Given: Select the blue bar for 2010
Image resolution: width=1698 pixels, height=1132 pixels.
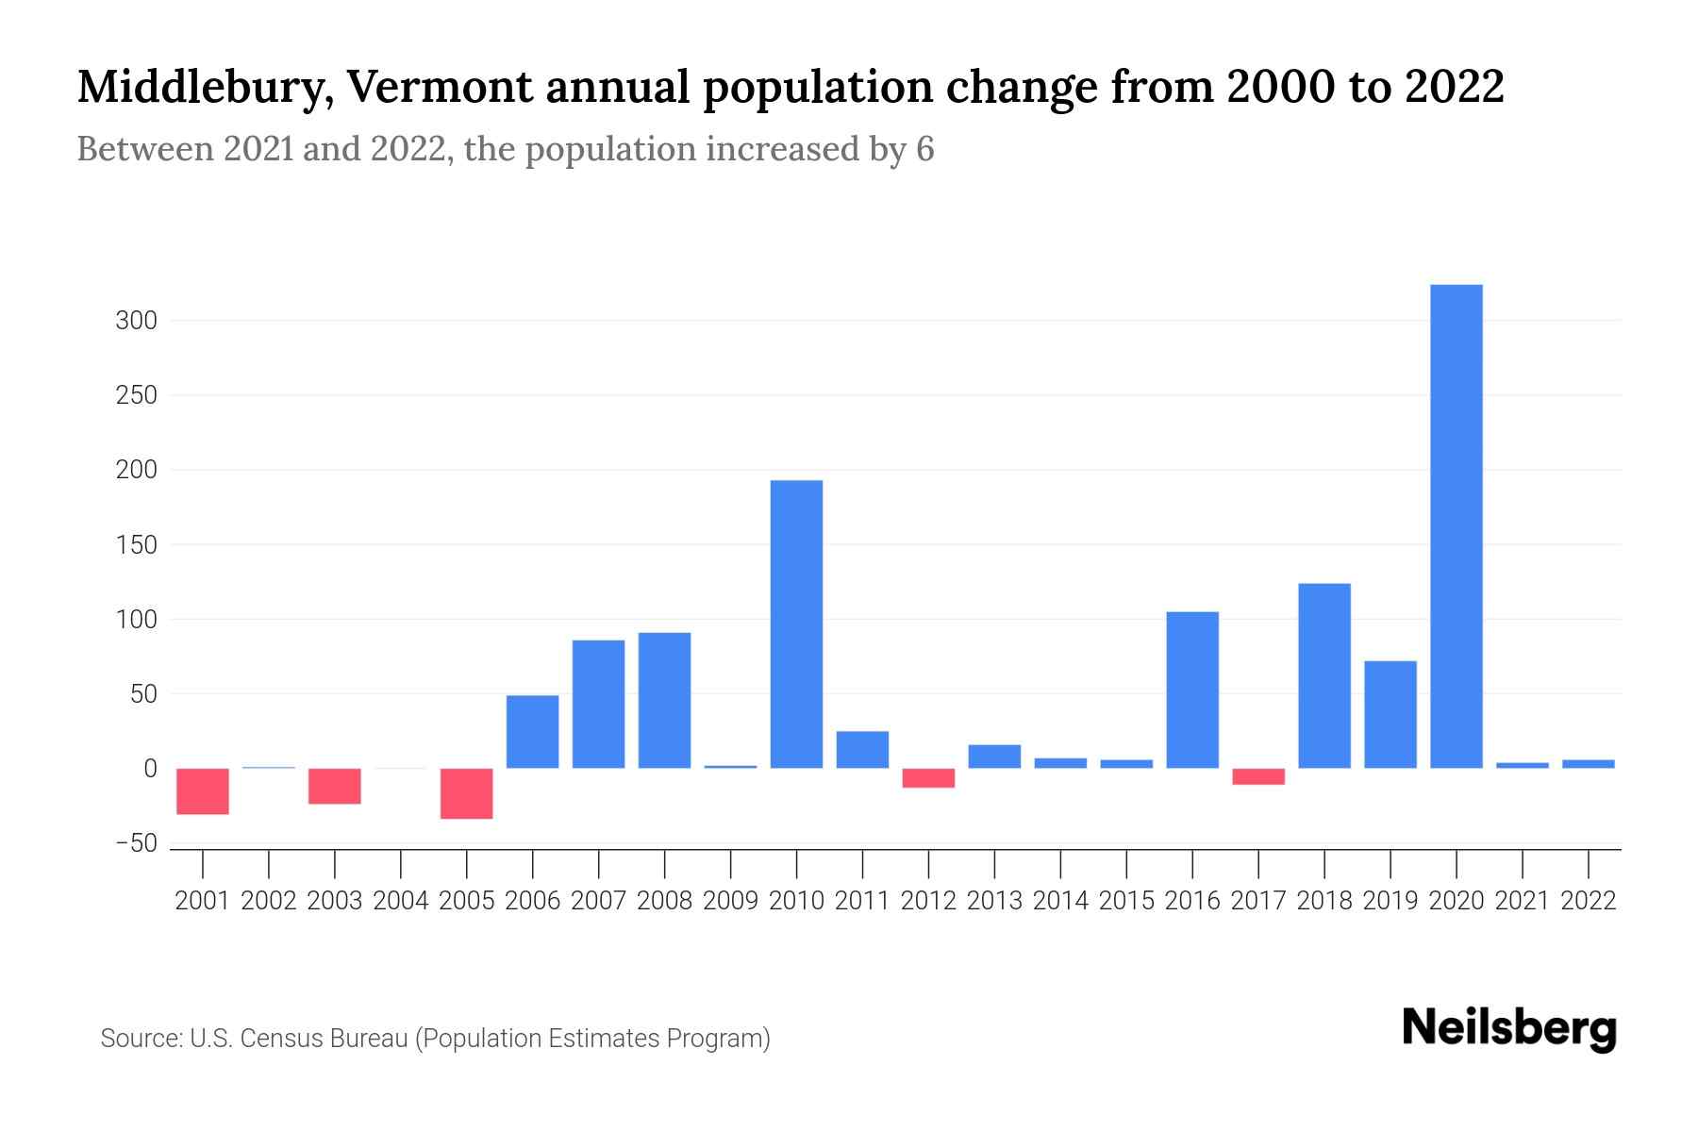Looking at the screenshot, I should coord(796,624).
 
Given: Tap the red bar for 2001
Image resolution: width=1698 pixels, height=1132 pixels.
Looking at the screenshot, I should coord(203,791).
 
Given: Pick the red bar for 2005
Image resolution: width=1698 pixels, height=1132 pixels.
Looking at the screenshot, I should coord(467,793).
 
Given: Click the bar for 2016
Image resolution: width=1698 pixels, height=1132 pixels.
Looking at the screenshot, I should coord(1192,690).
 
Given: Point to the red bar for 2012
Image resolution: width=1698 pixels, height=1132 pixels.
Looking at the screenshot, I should coord(928,777).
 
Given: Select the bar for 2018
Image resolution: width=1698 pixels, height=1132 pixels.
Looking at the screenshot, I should coord(1324,675).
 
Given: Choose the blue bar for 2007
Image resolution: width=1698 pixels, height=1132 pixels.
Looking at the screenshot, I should coord(598,704).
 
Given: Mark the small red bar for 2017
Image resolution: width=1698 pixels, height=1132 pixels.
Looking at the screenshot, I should coord(1258,776).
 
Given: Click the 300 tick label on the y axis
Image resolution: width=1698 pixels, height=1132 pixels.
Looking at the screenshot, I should coord(136,321).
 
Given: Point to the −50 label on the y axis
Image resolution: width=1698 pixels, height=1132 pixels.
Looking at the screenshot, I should coord(136,843).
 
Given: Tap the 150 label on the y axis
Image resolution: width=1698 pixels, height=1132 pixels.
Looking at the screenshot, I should coord(136,545).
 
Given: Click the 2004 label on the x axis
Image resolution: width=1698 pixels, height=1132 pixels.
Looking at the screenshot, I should coord(401,901).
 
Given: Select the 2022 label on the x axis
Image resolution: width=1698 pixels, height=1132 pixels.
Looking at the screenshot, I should coord(1589,901).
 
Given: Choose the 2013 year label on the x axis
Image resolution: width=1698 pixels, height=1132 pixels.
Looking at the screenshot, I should coord(994,901).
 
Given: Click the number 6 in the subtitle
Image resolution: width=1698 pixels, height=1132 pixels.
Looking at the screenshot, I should coord(924,149).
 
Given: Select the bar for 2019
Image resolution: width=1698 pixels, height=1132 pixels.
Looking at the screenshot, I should coord(1390,714).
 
